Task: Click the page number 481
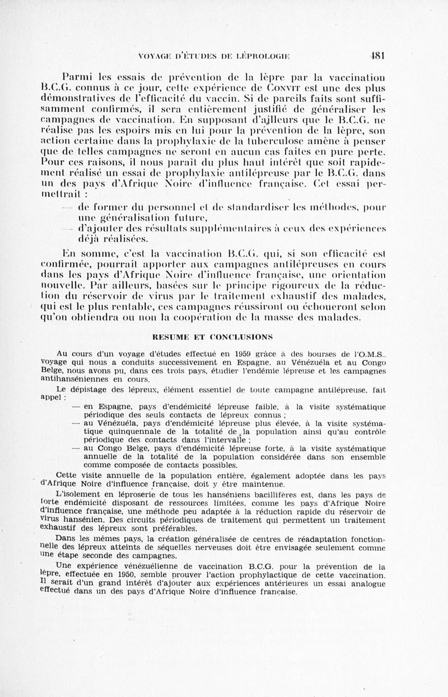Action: click(x=383, y=55)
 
